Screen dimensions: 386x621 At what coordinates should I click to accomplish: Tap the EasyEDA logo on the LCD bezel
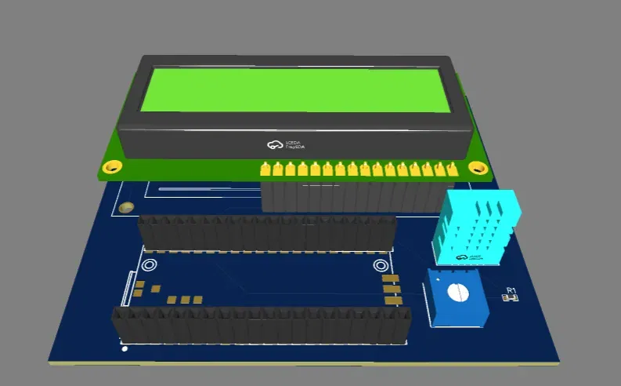coord(284,144)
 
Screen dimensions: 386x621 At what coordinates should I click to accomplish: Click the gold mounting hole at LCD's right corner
coord(476,167)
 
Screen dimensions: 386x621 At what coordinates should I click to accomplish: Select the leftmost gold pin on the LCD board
coord(265,169)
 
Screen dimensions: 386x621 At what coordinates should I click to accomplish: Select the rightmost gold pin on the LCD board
coord(452,169)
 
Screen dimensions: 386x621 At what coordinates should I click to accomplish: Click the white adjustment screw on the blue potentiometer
coord(456,292)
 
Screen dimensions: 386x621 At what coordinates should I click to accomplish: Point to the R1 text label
coord(511,291)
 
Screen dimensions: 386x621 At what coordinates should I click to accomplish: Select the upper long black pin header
coord(266,233)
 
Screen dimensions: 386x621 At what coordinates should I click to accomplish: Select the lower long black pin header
coord(261,326)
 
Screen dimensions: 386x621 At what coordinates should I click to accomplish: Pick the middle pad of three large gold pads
coord(390,289)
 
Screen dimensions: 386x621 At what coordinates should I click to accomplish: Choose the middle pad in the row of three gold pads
coord(185,299)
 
